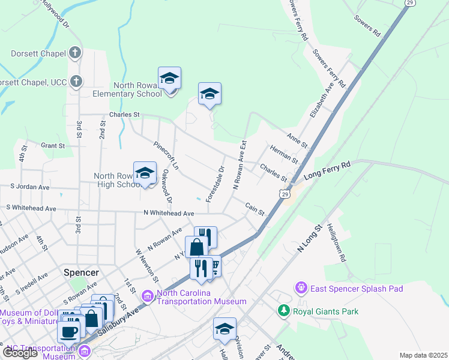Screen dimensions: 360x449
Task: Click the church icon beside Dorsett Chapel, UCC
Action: point(76,81)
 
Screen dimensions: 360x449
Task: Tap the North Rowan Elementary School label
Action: point(127,89)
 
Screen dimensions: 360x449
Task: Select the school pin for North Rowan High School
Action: point(145,173)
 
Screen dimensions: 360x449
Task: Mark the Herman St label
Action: point(284,157)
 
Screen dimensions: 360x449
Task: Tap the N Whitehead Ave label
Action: point(169,213)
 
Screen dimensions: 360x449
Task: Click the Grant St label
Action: point(53,146)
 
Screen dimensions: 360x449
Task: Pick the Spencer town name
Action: point(81,272)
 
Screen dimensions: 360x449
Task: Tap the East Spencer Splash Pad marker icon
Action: point(301,289)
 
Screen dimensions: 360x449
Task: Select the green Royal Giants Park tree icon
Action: point(283,311)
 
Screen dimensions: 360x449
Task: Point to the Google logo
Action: point(19,353)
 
